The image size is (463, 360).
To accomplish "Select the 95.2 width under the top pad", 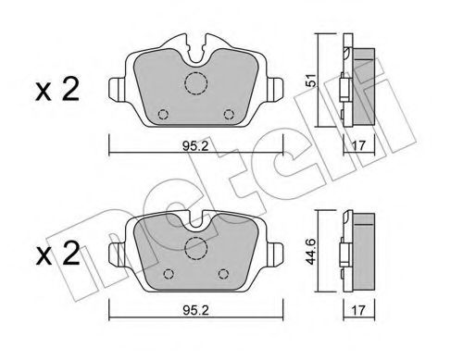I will [192, 144].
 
